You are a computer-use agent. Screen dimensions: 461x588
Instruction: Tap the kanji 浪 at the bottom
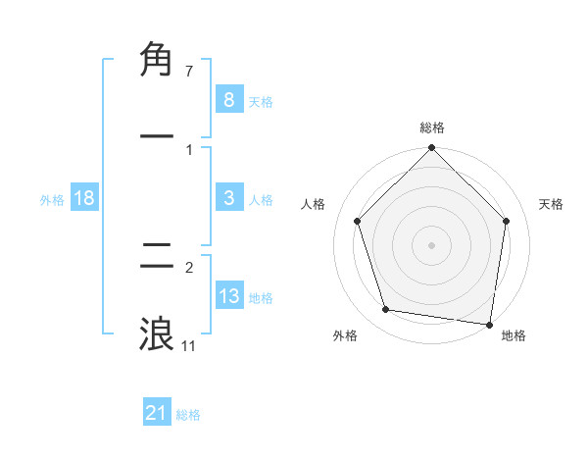tap(157, 334)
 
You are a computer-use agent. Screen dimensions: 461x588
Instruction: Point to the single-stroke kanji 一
tap(157, 137)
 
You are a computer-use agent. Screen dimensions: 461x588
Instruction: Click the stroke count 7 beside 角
tap(189, 72)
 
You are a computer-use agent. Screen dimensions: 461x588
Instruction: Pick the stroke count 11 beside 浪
tap(189, 345)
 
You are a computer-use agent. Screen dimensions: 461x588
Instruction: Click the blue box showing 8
tap(228, 99)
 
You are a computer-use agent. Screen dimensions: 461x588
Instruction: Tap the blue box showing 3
tap(228, 198)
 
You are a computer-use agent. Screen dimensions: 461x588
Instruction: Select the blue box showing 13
tap(228, 296)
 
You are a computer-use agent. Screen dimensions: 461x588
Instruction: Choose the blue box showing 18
tap(84, 198)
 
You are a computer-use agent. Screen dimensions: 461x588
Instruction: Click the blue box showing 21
tap(157, 413)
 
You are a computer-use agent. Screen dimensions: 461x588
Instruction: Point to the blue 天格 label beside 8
tap(261, 101)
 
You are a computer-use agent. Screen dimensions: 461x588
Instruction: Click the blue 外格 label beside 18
tap(52, 200)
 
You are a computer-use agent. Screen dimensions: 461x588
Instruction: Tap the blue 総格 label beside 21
tap(188, 415)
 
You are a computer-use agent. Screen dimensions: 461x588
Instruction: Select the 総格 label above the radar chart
tap(432, 128)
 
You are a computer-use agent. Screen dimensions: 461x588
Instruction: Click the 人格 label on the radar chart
tap(314, 204)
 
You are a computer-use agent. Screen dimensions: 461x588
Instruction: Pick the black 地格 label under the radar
tap(514, 336)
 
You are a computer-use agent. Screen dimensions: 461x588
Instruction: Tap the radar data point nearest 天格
tap(507, 221)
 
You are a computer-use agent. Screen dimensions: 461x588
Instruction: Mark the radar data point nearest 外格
tap(386, 310)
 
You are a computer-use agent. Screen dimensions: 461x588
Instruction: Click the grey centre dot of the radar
tap(432, 245)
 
